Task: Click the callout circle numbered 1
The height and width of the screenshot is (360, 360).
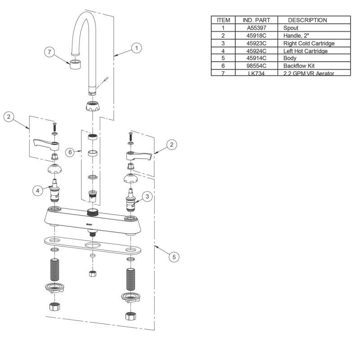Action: point(136,47)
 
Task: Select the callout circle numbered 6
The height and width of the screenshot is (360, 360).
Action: point(70,153)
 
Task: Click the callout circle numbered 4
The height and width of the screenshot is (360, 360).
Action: point(38,190)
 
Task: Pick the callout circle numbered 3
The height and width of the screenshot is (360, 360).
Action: point(147,197)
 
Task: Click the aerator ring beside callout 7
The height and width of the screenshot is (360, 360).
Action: point(76,62)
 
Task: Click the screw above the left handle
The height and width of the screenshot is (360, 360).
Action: point(54,125)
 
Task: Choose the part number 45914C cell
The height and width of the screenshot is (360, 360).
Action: point(256,58)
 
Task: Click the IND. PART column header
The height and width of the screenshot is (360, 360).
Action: point(256,20)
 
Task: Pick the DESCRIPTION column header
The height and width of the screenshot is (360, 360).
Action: point(307,20)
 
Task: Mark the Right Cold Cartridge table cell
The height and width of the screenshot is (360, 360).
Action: point(309,43)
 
